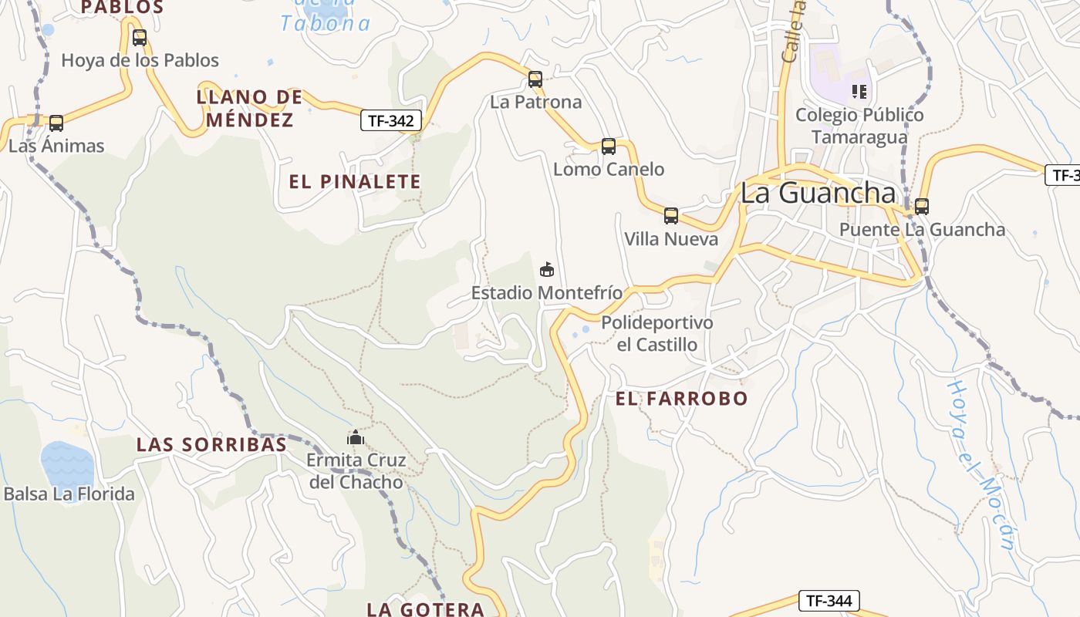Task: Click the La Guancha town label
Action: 818,193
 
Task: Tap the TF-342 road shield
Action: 392,120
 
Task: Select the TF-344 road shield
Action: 829,600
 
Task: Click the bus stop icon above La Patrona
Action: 535,79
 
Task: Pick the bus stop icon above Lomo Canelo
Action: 609,146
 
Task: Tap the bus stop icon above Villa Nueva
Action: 671,215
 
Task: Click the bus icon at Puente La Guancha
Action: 922,206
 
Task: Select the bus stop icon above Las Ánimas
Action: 56,123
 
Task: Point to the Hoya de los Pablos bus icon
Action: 140,37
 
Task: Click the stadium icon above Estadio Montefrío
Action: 547,269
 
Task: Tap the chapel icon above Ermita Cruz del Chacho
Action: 356,437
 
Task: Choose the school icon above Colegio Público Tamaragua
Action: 859,92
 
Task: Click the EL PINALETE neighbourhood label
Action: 355,182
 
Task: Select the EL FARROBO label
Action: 682,398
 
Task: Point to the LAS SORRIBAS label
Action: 211,444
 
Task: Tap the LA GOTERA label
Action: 426,609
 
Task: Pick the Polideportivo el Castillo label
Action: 657,333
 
